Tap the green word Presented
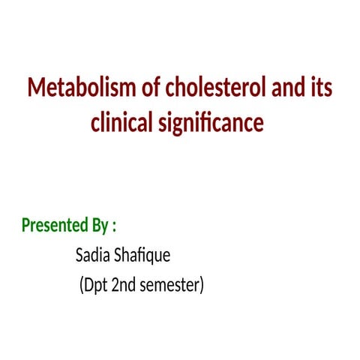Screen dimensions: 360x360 tap(57, 226)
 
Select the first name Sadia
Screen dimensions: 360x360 tap(91, 256)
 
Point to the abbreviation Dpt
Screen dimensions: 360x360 tap(95, 286)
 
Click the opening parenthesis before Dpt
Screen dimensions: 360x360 tap(81, 286)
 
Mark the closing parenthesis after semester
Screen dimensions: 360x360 tap(201, 286)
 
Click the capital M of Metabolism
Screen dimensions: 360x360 tap(37, 88)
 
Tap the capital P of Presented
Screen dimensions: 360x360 tap(26, 226)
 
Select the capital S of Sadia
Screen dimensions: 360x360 tap(79, 256)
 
